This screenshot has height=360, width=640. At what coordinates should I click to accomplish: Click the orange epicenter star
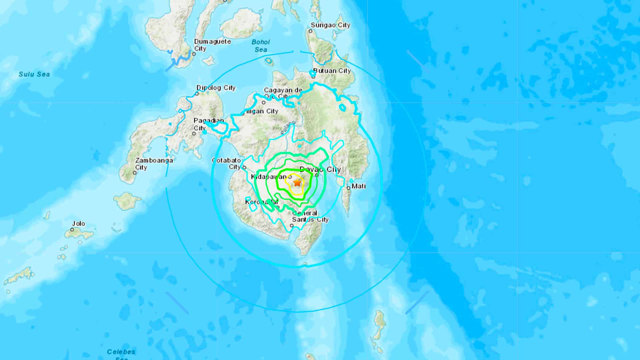[297, 183]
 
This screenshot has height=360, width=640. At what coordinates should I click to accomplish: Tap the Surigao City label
[330, 25]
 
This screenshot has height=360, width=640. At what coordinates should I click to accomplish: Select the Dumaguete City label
[212, 45]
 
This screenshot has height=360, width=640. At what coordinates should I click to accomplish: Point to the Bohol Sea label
[261, 46]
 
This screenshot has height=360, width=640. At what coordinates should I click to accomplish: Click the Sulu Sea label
[34, 74]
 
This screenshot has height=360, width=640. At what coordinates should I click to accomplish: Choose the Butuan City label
[332, 71]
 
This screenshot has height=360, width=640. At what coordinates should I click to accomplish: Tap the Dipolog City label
[216, 88]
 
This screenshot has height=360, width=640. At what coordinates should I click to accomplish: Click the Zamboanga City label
[154, 164]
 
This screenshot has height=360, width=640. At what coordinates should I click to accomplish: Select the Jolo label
[79, 224]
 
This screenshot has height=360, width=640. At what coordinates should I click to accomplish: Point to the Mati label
[359, 186]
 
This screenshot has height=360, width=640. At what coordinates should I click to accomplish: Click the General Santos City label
[310, 216]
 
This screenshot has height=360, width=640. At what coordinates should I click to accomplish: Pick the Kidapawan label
[269, 177]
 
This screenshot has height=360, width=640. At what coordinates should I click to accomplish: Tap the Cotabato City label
[226, 164]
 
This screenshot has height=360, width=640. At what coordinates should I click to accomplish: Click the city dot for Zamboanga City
[135, 173]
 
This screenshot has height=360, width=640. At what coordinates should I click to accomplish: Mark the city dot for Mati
[348, 188]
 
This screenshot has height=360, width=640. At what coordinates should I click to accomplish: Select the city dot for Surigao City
[310, 31]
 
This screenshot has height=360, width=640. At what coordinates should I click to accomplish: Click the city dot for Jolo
[72, 230]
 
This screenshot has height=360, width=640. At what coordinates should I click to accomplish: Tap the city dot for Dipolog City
[197, 94]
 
